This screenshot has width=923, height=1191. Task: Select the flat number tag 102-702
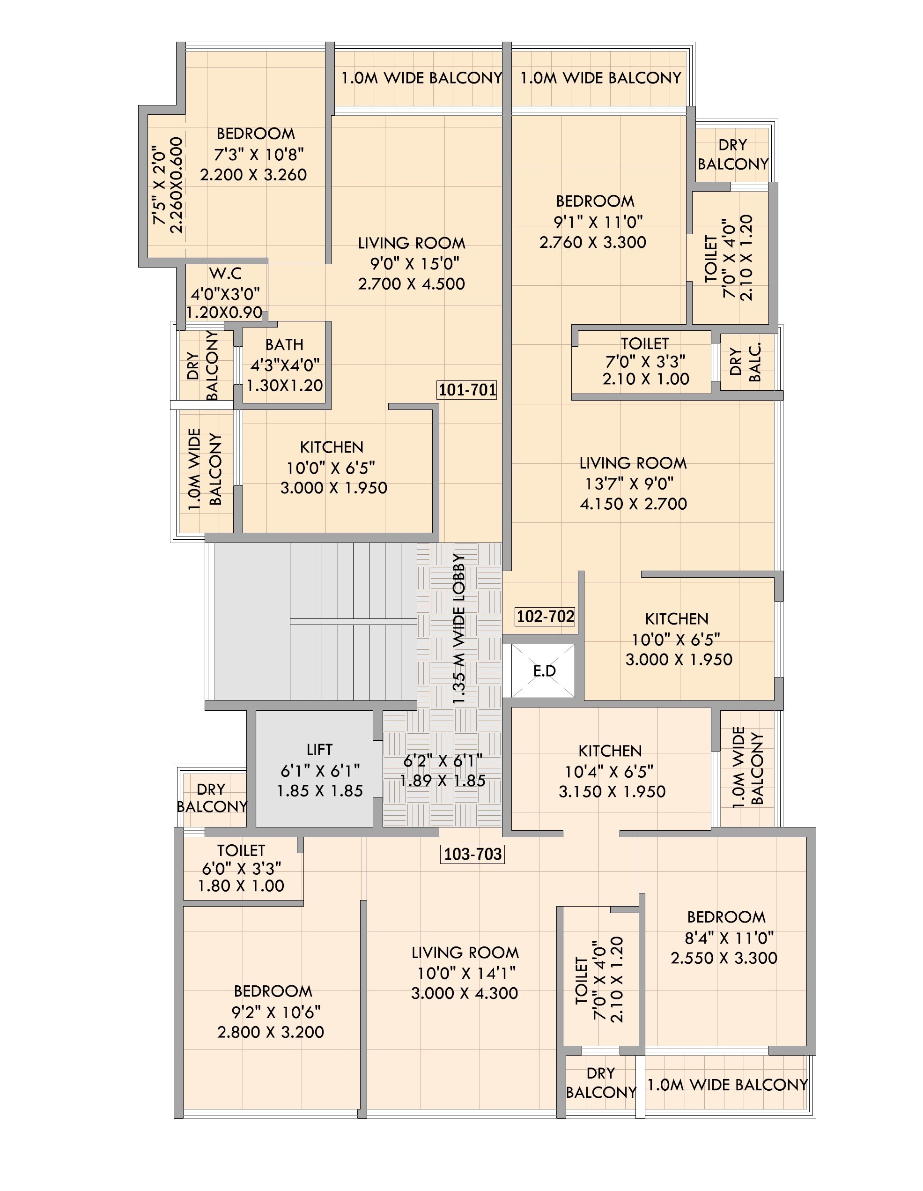(545, 616)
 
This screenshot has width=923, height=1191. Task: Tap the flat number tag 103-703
(472, 854)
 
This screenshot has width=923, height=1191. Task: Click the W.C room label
(225, 273)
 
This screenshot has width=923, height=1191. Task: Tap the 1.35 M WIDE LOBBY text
(459, 630)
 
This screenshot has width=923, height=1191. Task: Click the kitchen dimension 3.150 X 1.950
(612, 791)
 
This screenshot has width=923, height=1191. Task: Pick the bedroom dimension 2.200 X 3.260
(253, 174)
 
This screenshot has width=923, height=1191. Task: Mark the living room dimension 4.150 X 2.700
(633, 503)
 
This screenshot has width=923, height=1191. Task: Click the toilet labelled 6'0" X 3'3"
(242, 868)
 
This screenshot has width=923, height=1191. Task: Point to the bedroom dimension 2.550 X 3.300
(724, 958)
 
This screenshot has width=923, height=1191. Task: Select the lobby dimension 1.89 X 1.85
(442, 781)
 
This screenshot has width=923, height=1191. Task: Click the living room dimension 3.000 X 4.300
(465, 993)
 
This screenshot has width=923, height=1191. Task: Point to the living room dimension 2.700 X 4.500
(411, 283)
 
